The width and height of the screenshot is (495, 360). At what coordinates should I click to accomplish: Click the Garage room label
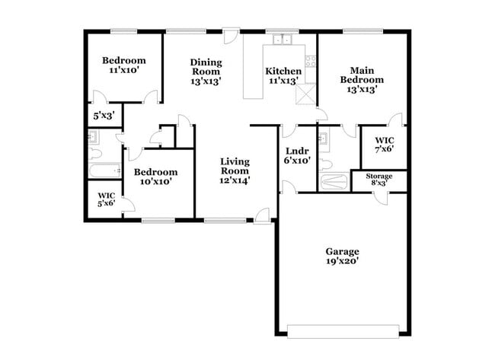tap(342, 252)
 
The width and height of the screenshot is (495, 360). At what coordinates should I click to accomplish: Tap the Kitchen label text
tap(283, 72)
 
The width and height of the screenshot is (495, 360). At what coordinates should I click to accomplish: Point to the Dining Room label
tap(206, 66)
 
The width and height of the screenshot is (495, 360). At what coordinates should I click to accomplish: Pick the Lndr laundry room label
tap(296, 151)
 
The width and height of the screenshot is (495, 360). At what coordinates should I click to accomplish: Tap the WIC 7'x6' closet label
tap(384, 140)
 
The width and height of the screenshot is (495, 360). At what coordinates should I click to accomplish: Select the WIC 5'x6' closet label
tap(106, 195)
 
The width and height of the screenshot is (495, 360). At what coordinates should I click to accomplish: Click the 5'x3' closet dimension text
tap(103, 116)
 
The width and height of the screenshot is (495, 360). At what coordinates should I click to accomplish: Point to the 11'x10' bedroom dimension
tap(123, 70)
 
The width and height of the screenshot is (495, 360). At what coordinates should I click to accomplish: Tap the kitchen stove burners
tap(309, 60)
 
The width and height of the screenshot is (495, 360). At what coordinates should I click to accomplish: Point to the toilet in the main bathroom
tap(325, 163)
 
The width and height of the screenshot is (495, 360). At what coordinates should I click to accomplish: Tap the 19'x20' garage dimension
tap(342, 261)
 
